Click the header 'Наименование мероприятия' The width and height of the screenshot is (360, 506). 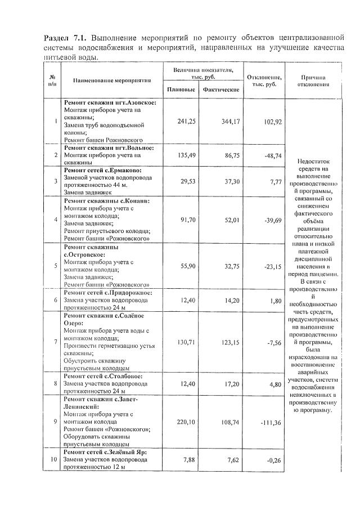pyautogui.click(x=112, y=80)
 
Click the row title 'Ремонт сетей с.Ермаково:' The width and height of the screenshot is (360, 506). pyautogui.click(x=102, y=169)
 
